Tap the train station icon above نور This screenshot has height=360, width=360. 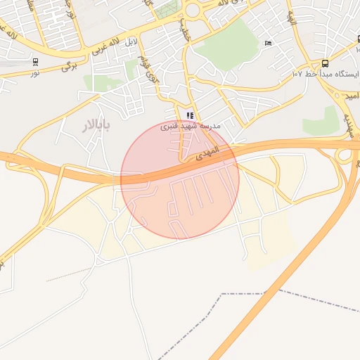(x=35, y=61)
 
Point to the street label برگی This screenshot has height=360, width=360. (x=68, y=65)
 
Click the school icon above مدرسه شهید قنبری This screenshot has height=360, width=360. (x=190, y=115)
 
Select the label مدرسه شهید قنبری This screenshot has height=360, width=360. (x=190, y=126)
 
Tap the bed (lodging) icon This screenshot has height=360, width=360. (x=267, y=44)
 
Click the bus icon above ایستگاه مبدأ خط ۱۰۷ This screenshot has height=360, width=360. (x=324, y=63)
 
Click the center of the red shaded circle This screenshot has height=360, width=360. (x=180, y=179)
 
